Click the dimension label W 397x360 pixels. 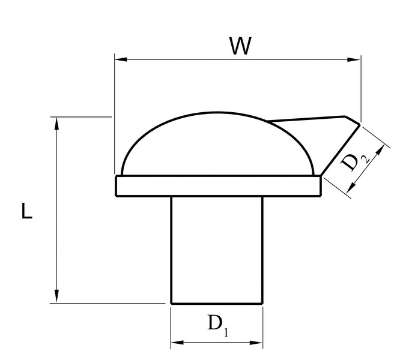240,46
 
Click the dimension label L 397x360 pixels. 27,211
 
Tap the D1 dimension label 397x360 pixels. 218,326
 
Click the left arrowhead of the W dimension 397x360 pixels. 121,59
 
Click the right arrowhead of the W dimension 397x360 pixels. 354,60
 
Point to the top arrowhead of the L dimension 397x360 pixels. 56,124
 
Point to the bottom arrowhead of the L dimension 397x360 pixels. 56,296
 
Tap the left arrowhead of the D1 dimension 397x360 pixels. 177,343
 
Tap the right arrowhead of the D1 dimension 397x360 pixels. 256,343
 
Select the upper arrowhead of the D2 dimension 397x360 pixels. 380,151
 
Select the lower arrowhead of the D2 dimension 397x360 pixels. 351,187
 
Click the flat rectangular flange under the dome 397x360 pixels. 218,186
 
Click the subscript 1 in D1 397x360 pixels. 226,332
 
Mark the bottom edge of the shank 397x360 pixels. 217,303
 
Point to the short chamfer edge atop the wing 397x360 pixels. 352,120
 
